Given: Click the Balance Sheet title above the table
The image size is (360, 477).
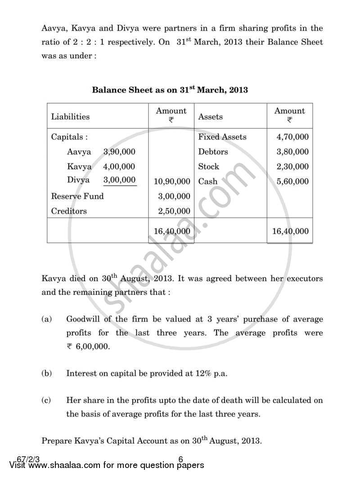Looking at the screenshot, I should tap(170, 90).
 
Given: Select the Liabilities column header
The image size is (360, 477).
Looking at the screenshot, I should tap(70, 117).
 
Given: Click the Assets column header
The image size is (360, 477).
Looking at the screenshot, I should tap(210, 117).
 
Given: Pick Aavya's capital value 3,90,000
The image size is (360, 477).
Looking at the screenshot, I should tap(119, 152).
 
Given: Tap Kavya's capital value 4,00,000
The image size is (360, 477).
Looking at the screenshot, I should tap(119, 166).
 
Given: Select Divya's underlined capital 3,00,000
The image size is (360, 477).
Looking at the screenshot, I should tap(119, 180).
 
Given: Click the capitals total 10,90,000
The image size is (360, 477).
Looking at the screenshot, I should tap(171, 181).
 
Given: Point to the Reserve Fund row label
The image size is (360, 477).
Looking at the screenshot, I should tap(77, 196).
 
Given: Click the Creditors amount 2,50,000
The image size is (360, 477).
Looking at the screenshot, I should tap(174, 211).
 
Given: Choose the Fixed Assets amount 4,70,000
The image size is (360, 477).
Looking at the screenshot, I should tap(292, 137).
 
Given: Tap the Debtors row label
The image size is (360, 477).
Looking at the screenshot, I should tap(213, 152).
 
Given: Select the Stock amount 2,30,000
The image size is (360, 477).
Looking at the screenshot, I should tap(292, 166).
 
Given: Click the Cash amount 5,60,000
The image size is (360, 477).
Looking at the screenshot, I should tap(292, 181).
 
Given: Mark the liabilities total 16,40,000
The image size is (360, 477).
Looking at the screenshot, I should tap(171, 231).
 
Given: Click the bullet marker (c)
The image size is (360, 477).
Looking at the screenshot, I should tap(46, 400).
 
